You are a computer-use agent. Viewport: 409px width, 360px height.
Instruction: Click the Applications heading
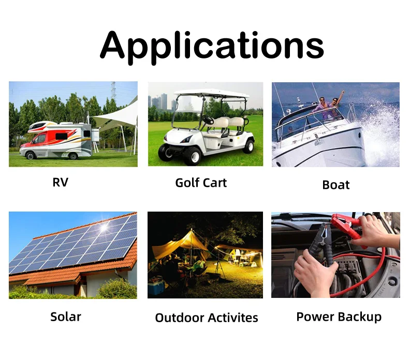[212, 45]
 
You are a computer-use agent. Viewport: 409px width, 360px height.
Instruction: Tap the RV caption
[60, 183]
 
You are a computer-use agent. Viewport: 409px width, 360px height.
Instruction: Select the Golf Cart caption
[201, 183]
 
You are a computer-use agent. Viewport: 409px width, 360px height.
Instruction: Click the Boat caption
[335, 185]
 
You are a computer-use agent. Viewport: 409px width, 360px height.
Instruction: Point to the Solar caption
[66, 316]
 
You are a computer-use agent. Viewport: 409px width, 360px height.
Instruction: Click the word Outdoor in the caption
[179, 318]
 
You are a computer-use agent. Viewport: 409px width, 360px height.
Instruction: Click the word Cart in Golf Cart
[215, 183]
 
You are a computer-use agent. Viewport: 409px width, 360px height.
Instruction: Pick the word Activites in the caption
[232, 318]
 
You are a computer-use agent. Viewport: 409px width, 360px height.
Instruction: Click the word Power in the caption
[314, 316]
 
